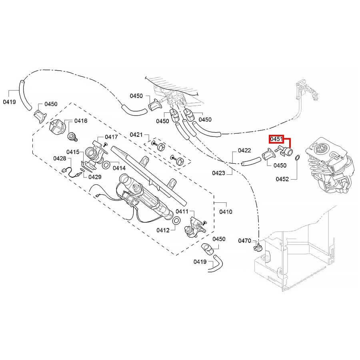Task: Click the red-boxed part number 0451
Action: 276,139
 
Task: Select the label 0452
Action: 282,179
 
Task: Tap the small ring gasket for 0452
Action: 297,159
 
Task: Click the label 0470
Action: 244,241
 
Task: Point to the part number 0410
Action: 226,212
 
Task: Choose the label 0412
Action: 163,230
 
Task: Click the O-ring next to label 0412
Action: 176,221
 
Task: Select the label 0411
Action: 182,211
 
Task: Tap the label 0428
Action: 60,158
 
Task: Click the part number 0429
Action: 95,176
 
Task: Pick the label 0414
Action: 119,168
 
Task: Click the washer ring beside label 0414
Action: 107,164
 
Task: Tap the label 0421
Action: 136,134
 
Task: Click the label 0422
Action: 244,150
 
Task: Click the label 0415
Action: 73,152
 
